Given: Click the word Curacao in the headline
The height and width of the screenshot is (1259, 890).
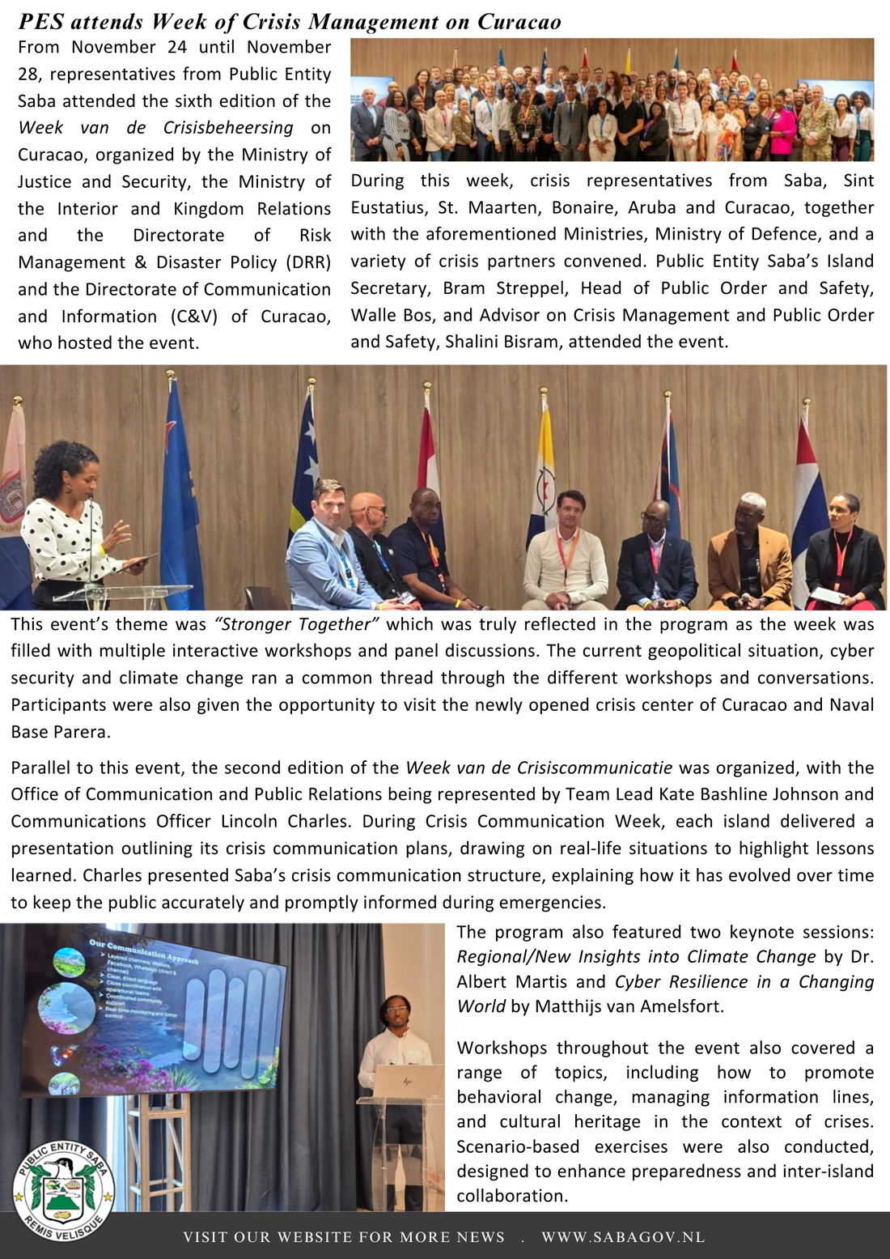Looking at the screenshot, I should [x=519, y=22].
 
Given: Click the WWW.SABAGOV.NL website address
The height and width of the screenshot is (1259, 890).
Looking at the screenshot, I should [x=623, y=1237].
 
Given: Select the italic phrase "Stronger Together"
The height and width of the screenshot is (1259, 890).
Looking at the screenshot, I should [x=296, y=624].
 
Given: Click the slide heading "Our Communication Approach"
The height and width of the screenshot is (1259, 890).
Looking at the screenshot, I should [x=143, y=952].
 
